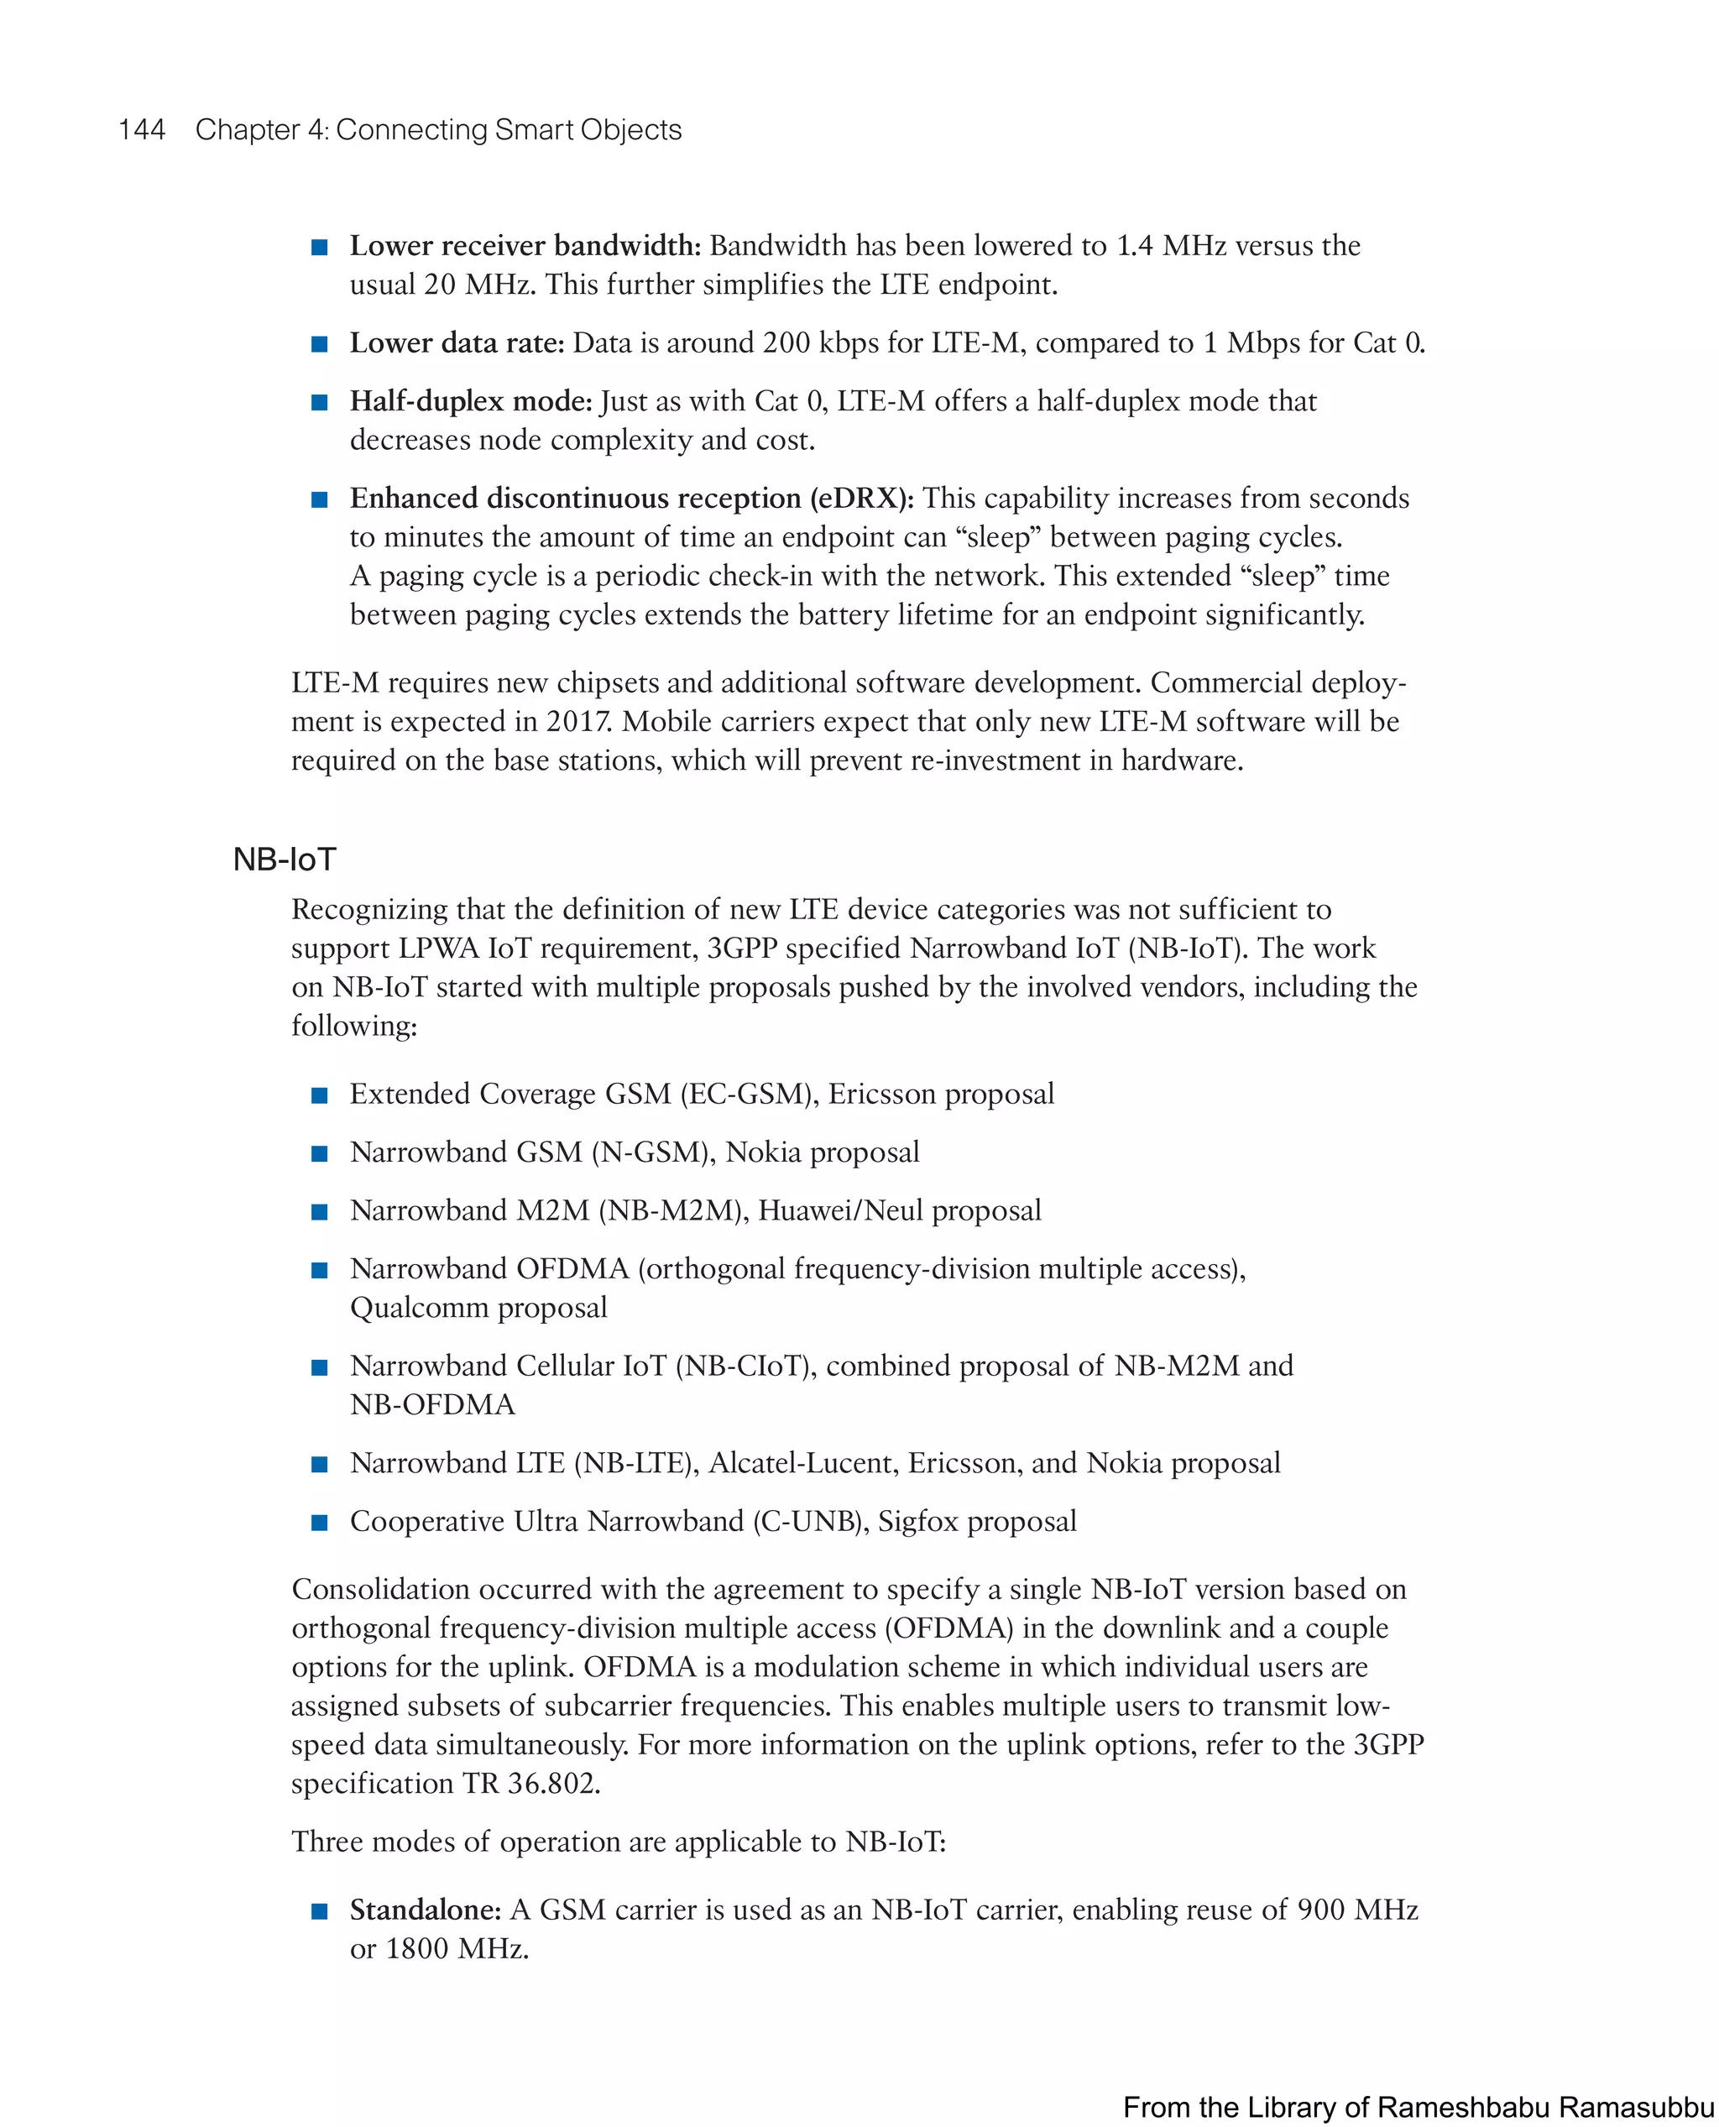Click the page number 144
coord(142,130)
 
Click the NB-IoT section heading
coord(285,860)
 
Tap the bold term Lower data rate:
coord(457,343)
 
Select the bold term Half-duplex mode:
coord(470,401)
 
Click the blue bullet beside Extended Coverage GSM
coord(320,1095)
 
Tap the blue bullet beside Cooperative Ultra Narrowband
coord(320,1523)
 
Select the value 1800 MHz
coord(457,1949)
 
